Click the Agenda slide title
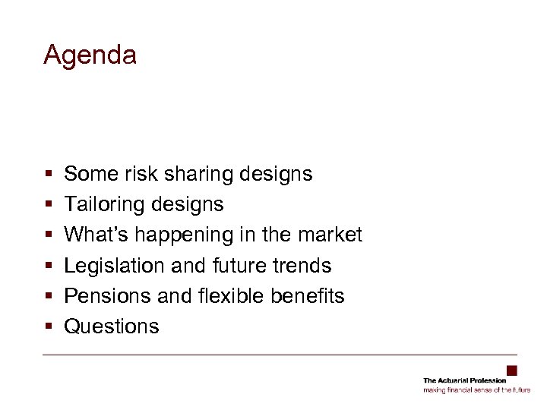coord(90,55)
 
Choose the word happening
coord(167,235)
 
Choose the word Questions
coord(112,326)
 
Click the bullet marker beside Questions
coord(48,327)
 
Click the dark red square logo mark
coord(512,371)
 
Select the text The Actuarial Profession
coord(464,380)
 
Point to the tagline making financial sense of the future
coord(476,389)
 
